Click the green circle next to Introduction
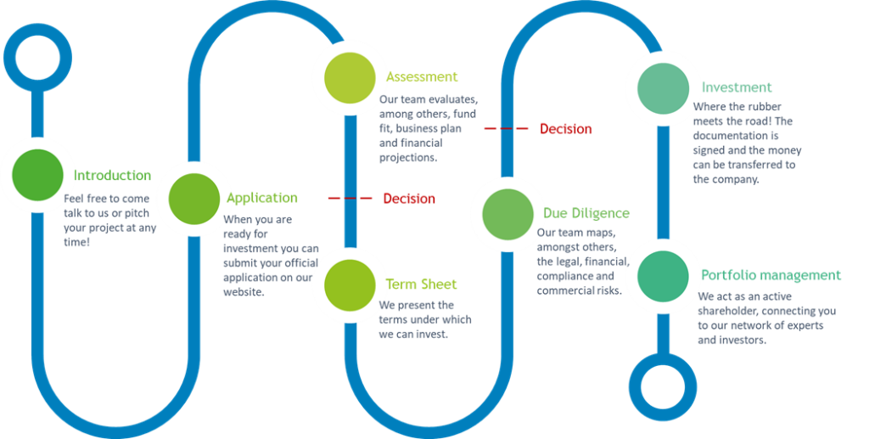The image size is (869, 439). tap(37, 175)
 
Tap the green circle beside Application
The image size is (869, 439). tap(194, 198)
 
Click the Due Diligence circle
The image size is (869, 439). tap(508, 213)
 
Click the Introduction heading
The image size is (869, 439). tap(114, 177)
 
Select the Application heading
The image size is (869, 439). tap(262, 198)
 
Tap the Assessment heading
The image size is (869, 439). tap(422, 77)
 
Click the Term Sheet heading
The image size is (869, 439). tap(422, 284)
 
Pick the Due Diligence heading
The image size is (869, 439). tap(586, 213)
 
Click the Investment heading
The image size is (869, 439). tap(737, 87)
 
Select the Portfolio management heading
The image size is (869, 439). tap(771, 276)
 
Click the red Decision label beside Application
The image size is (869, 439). tap(409, 199)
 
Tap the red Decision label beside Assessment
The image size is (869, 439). tap(566, 129)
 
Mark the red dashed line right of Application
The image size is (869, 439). tap(350, 199)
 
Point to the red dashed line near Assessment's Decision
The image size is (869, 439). tap(507, 129)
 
